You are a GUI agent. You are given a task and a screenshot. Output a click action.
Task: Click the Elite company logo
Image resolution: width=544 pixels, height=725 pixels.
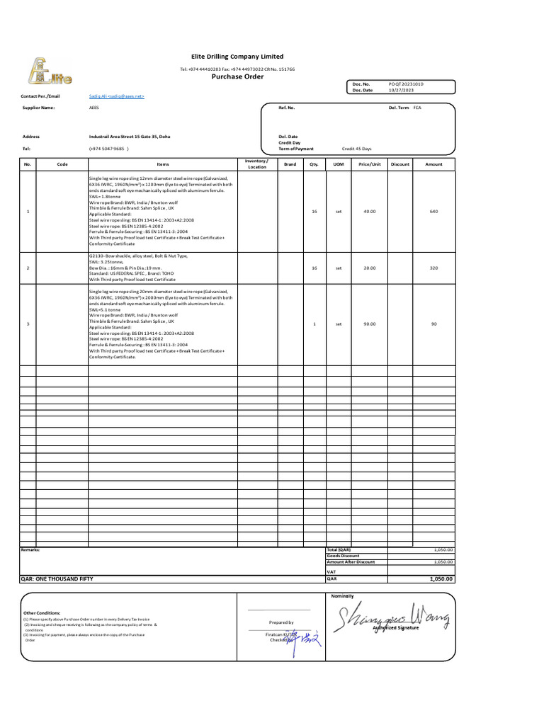coord(50,72)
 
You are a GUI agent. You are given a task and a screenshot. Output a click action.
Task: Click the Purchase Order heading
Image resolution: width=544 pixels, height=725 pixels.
coord(237,76)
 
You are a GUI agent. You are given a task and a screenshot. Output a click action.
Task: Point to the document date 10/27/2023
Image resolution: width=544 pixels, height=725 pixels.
coord(400,90)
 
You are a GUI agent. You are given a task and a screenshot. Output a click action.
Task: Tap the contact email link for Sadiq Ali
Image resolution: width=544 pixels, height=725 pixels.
coord(116,96)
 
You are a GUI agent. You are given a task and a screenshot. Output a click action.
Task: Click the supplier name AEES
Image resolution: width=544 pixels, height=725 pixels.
coord(93,108)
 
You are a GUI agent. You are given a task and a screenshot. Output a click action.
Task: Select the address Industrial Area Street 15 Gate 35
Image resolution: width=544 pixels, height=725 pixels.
coord(130,136)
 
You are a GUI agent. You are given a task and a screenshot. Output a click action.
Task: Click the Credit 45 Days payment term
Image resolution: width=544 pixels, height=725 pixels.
coord(356,149)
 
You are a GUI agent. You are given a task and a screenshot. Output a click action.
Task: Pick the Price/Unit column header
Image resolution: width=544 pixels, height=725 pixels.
coord(369,164)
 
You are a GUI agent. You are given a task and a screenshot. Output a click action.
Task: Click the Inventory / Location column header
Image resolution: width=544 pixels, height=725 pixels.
coord(257,164)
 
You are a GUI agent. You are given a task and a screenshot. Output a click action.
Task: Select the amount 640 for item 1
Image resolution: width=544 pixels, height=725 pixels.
coord(433,211)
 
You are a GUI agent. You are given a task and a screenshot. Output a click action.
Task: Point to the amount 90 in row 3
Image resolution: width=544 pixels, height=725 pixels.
coord(433,324)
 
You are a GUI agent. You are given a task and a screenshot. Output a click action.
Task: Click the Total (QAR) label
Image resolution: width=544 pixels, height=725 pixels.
coord(339,549)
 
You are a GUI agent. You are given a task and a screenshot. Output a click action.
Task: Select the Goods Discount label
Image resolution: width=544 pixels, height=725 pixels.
coord(343,556)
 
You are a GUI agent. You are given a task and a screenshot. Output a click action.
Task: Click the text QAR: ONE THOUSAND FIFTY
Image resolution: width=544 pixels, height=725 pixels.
coord(57,578)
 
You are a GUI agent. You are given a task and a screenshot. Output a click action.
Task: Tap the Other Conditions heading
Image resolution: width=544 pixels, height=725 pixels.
coord(42,613)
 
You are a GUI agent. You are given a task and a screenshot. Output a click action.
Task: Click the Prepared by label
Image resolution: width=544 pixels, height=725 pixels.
coord(280,622)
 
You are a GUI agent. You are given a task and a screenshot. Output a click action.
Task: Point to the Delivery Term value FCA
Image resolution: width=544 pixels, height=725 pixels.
coord(417,108)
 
